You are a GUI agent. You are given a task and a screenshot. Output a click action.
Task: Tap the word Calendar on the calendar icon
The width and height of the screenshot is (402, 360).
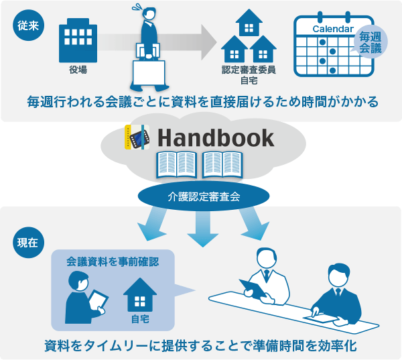(x=333, y=29)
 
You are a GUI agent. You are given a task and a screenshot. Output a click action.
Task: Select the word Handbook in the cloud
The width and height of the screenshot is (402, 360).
(x=216, y=137)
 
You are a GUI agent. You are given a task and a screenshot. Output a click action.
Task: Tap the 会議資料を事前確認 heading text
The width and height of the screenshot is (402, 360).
(x=113, y=261)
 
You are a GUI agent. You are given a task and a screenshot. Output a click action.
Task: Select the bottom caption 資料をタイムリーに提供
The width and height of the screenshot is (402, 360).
(x=201, y=346)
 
